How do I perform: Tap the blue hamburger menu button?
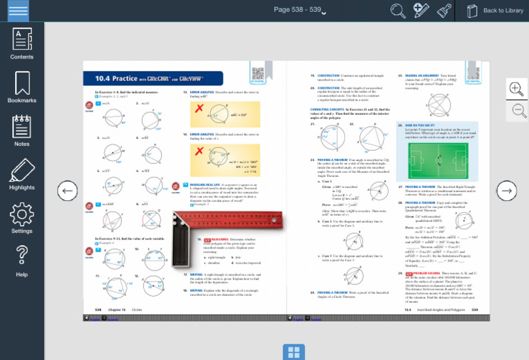pyautogui.click(x=19, y=10)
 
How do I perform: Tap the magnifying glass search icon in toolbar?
pyautogui.click(x=398, y=10)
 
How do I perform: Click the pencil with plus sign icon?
pyautogui.click(x=421, y=10)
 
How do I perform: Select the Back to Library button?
pyautogui.click(x=495, y=10)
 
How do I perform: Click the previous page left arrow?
pyautogui.click(x=67, y=191)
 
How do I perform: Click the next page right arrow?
pyautogui.click(x=506, y=191)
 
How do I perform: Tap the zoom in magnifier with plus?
pyautogui.click(x=516, y=88)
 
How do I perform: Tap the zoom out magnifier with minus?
pyautogui.click(x=516, y=110)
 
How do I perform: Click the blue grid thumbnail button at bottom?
pyautogui.click(x=294, y=352)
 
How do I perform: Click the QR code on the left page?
pyautogui.click(x=258, y=74)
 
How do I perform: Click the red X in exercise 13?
pyautogui.click(x=199, y=109)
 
